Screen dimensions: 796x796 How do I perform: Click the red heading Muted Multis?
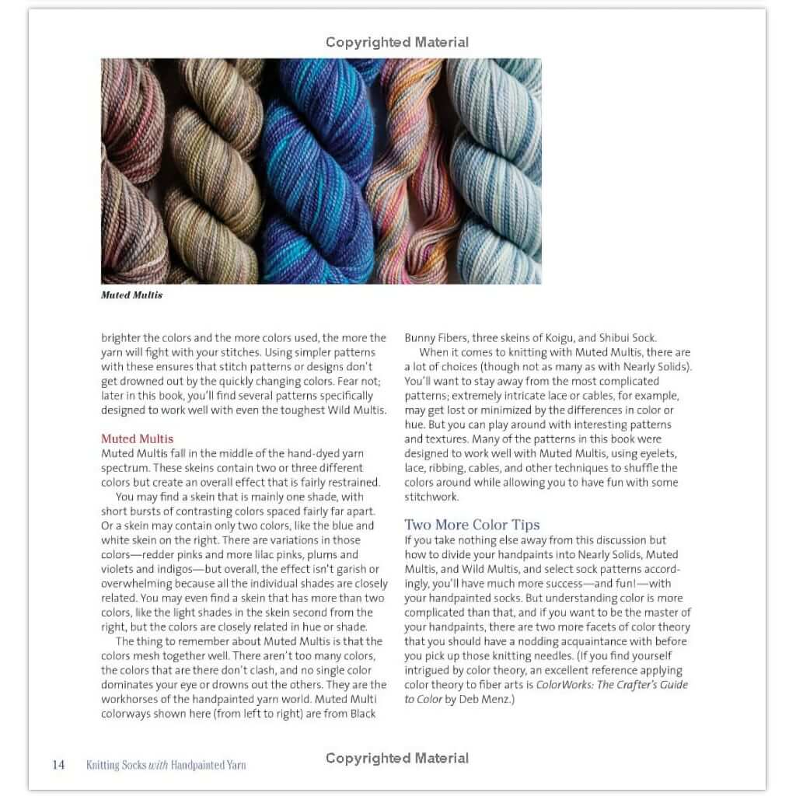click(x=137, y=438)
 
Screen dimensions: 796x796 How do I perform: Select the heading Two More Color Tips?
click(x=472, y=525)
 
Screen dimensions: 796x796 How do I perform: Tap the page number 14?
click(x=59, y=765)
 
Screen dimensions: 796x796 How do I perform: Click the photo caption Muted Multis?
click(x=131, y=295)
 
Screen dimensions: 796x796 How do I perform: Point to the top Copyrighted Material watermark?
click(x=397, y=42)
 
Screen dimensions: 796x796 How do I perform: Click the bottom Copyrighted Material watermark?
click(x=397, y=758)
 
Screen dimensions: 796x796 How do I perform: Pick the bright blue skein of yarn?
click(x=311, y=171)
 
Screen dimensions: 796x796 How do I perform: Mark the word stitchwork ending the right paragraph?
click(x=431, y=497)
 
